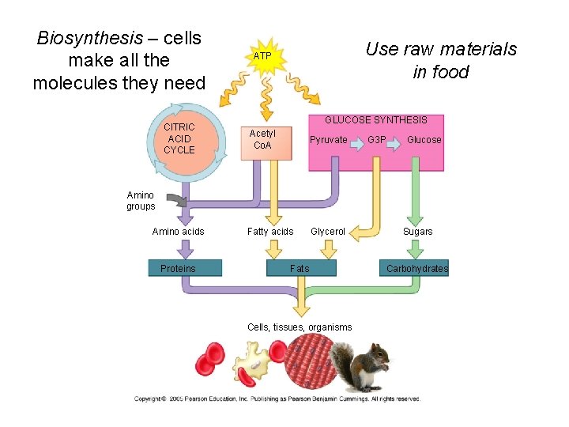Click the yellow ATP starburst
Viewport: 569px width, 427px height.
(x=262, y=57)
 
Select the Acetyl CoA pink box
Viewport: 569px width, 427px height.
(x=262, y=140)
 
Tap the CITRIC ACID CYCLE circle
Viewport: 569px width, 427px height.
(x=179, y=138)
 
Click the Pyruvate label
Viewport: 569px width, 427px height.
(x=328, y=140)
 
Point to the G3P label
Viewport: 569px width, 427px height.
(x=377, y=140)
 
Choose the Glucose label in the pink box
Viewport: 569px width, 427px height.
(x=424, y=140)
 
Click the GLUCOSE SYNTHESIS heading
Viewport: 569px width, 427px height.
(x=376, y=120)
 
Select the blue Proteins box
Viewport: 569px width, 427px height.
(x=178, y=269)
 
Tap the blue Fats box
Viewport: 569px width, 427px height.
(x=300, y=269)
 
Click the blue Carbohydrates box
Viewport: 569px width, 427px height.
(x=416, y=269)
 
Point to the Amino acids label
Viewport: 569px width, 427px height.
(x=178, y=232)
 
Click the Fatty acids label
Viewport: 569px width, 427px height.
(x=270, y=232)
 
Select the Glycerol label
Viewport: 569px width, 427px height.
(x=328, y=232)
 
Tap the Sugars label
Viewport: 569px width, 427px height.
(x=417, y=232)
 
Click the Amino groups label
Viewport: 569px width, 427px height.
(x=141, y=201)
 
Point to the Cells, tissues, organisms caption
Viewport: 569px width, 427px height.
(x=300, y=327)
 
